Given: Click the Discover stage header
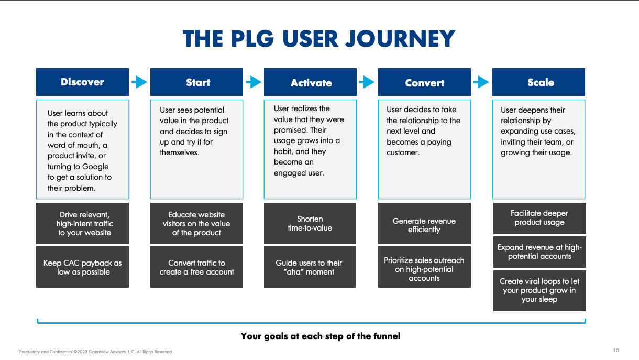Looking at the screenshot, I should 82,82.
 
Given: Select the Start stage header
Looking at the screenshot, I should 196,82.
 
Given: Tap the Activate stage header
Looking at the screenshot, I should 311,83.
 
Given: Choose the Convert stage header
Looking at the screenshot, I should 424,83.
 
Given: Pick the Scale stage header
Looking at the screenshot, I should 539,82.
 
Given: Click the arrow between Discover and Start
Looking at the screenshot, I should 139,82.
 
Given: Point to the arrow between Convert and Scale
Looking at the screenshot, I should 481,82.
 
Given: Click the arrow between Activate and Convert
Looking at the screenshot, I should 367,82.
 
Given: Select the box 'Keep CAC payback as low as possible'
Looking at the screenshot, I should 82,267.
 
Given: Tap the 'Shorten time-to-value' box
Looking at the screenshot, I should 310,223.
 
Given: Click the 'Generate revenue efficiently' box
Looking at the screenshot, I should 424,225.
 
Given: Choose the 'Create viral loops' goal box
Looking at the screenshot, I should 539,290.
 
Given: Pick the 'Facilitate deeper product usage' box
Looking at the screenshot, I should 539,217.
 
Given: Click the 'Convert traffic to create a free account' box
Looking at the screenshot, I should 196,267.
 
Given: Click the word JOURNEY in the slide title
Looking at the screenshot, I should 402,39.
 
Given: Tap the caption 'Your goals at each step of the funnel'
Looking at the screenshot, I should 320,336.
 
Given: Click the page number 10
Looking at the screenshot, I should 616,351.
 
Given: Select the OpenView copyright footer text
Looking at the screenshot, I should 95,352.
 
